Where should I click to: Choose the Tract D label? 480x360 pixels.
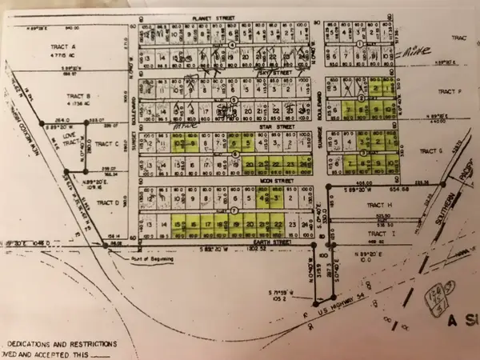point(107,203)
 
